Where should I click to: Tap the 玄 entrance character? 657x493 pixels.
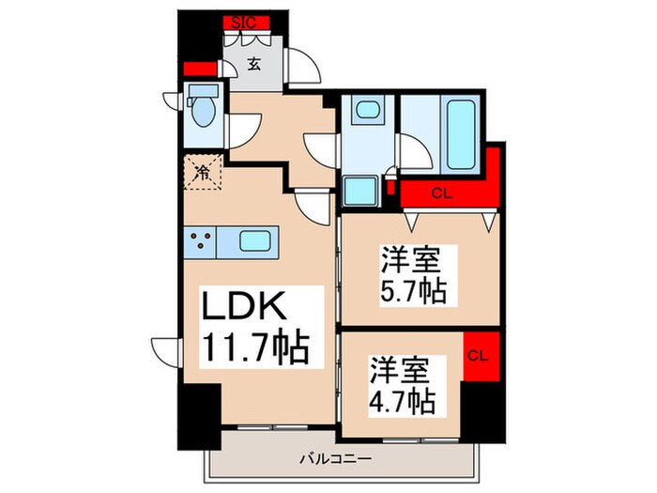254,64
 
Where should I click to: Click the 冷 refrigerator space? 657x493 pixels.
201,173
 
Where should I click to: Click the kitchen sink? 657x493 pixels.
255,239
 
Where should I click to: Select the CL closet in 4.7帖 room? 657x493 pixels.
478,355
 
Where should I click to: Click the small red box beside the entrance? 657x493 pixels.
199,69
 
